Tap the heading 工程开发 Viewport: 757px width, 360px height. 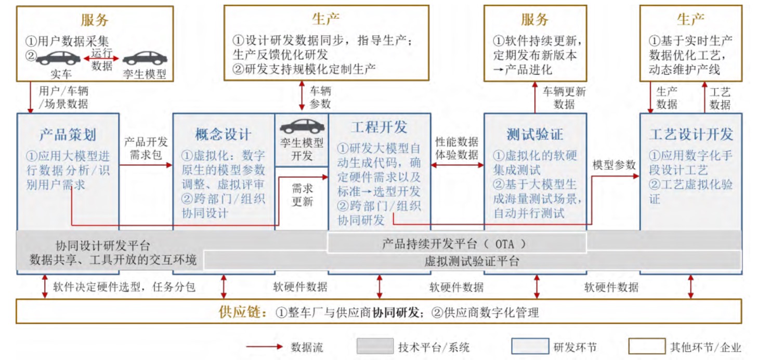coord(379,127)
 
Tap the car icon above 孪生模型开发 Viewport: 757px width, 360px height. coord(302,126)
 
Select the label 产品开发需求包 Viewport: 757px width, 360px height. coord(146,148)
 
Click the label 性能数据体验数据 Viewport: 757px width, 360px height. coord(457,148)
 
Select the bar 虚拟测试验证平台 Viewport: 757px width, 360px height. coord(472,261)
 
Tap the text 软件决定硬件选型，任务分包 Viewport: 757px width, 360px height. coord(124,287)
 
